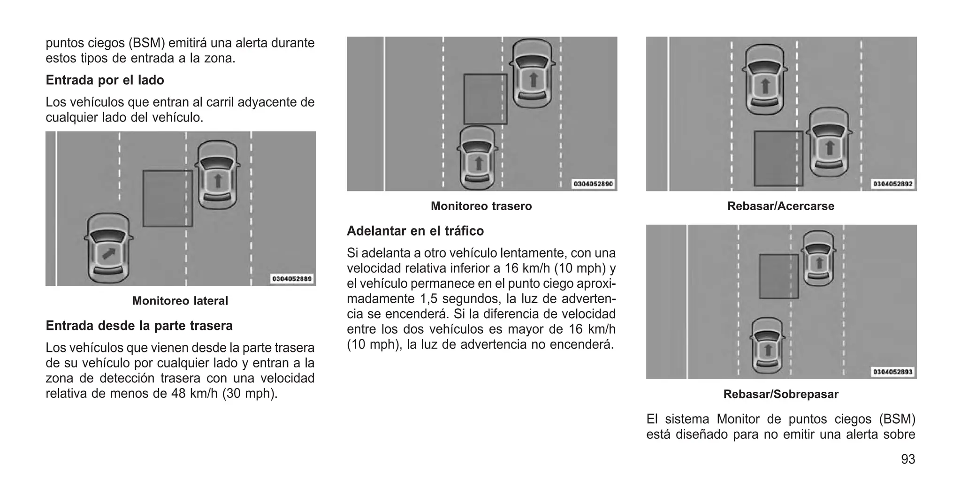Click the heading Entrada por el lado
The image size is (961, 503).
pyautogui.click(x=105, y=80)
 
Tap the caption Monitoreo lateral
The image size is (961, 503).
pyautogui.click(x=180, y=301)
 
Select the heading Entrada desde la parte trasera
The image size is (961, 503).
pyautogui.click(x=139, y=326)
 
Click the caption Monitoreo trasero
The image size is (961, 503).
pyautogui.click(x=481, y=206)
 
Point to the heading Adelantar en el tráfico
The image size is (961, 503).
pyautogui.click(x=415, y=231)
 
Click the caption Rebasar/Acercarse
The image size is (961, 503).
pyautogui.click(x=780, y=206)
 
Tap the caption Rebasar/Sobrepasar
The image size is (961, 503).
pyautogui.click(x=780, y=394)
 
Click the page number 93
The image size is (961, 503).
pyautogui.click(x=908, y=459)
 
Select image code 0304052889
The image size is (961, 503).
pyautogui.click(x=292, y=279)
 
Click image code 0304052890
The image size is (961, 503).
pyautogui.click(x=593, y=184)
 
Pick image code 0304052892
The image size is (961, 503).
pyautogui.click(x=892, y=184)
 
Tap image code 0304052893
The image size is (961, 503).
pyautogui.click(x=892, y=372)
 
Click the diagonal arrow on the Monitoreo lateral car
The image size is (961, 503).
pyautogui.click(x=109, y=254)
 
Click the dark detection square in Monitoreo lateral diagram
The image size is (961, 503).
pyautogui.click(x=168, y=198)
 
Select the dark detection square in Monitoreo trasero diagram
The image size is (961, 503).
pyautogui.click(x=485, y=99)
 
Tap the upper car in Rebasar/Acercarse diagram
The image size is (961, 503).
pyautogui.click(x=765, y=80)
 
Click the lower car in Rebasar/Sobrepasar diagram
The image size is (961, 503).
pyautogui.click(x=768, y=345)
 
